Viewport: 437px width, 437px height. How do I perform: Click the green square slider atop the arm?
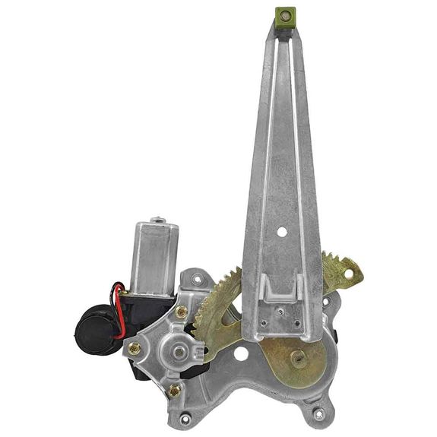(x=285, y=14)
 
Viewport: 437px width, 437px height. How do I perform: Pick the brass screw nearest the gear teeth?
(x=181, y=312)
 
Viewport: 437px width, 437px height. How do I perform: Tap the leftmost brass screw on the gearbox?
(x=135, y=348)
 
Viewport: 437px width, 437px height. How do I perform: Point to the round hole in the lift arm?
(x=281, y=231)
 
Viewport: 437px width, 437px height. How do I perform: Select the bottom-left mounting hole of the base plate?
(x=184, y=418)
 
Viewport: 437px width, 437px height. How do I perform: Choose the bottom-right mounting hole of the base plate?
(x=318, y=413)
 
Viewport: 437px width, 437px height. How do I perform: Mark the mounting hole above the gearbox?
(x=197, y=280)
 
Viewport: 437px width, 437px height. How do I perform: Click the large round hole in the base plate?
(x=241, y=354)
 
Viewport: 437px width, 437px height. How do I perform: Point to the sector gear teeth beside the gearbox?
(x=213, y=304)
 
